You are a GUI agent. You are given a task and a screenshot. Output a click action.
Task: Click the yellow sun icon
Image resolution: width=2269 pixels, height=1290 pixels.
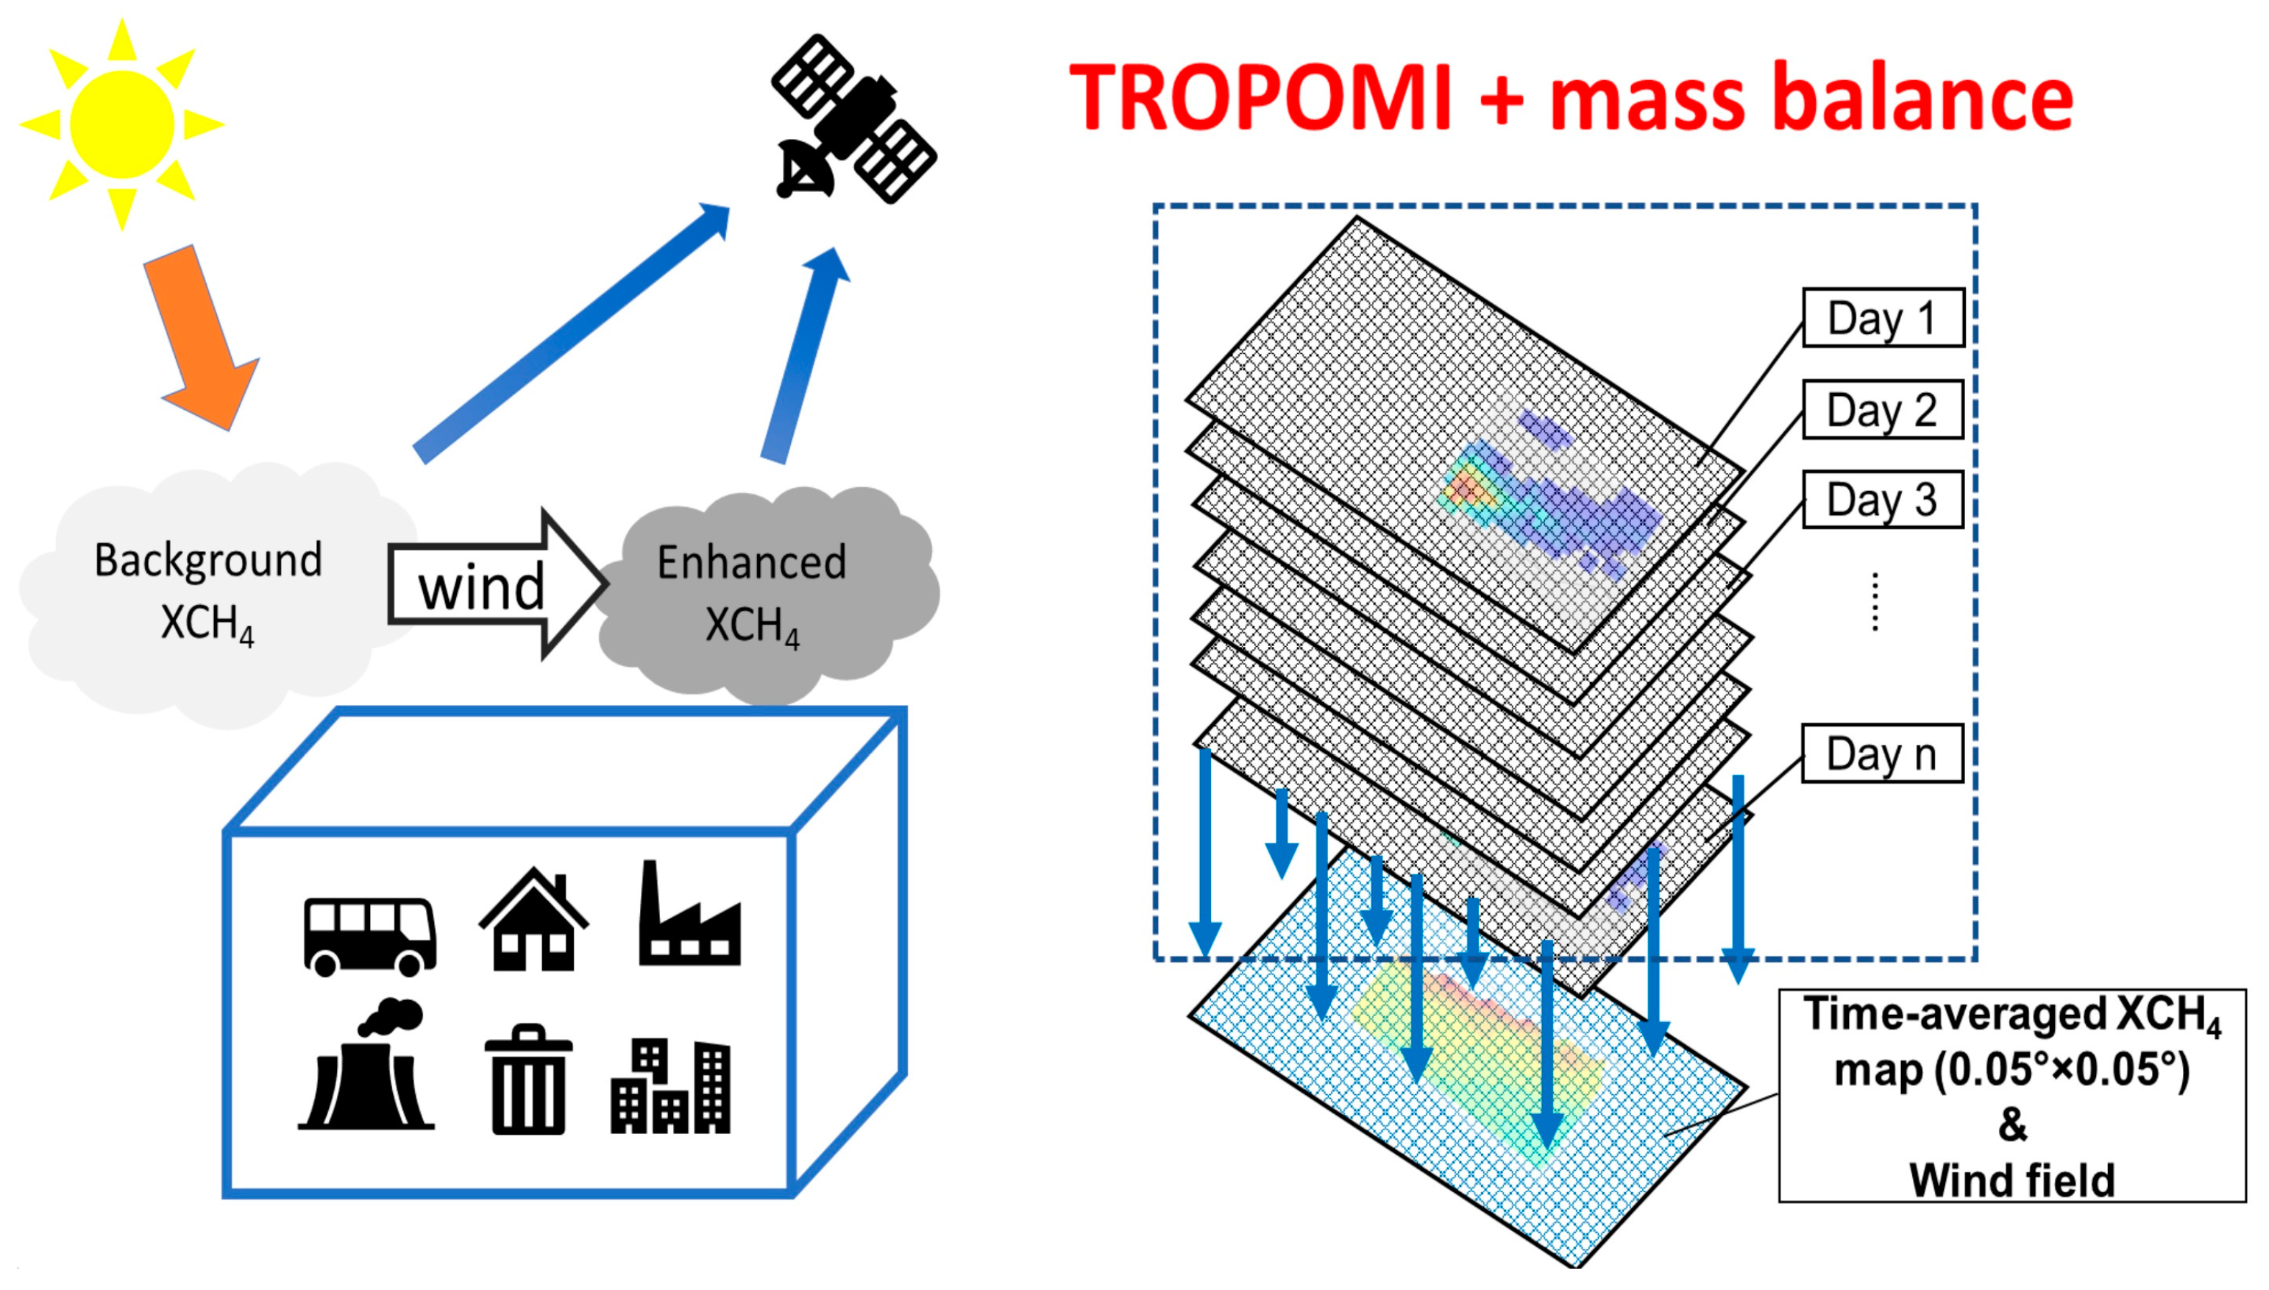pyautogui.click(x=122, y=124)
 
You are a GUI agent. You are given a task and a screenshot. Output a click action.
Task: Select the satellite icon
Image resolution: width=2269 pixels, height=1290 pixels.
pyautogui.click(x=852, y=120)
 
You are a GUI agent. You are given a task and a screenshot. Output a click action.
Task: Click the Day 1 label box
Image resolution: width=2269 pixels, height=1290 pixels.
pyautogui.click(x=1882, y=317)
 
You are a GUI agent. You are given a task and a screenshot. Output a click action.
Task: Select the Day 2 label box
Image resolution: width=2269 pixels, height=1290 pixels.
pyautogui.click(x=1882, y=410)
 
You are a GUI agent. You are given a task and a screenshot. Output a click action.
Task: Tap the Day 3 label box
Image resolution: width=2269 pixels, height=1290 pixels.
pyautogui.click(x=1882, y=500)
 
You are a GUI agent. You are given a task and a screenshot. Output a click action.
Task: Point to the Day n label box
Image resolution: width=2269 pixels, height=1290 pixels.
pyautogui.click(x=1882, y=754)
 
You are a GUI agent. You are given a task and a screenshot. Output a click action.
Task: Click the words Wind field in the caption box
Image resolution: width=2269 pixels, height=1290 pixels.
pyautogui.click(x=2011, y=1180)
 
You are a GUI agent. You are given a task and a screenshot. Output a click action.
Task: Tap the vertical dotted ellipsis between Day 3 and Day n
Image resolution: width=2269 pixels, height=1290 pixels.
pyautogui.click(x=1874, y=603)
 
